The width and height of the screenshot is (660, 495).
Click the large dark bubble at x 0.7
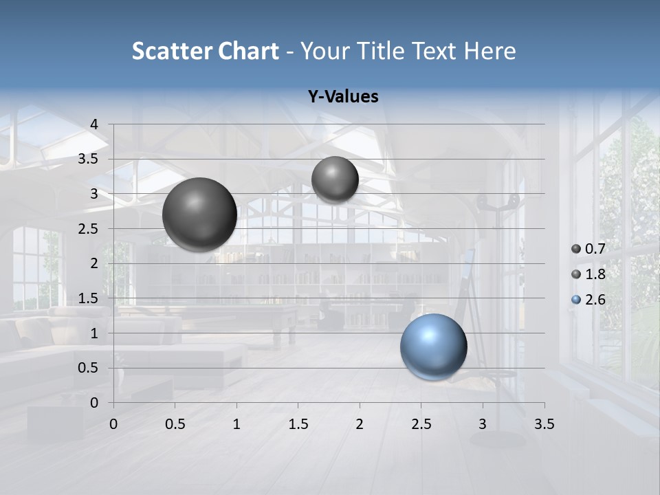click(x=199, y=214)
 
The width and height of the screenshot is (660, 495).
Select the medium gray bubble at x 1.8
click(x=335, y=179)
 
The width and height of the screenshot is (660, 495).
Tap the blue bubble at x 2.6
click(x=433, y=346)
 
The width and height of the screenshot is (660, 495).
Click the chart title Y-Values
click(x=343, y=97)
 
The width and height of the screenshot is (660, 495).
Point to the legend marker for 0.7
click(x=576, y=250)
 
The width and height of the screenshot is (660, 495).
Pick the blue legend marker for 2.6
click(x=576, y=300)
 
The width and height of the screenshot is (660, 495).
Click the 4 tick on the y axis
click(x=94, y=124)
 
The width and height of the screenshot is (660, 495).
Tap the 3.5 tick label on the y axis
click(x=88, y=159)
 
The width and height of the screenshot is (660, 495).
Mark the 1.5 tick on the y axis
click(x=88, y=298)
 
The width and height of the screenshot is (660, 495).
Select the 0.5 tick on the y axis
click(x=88, y=368)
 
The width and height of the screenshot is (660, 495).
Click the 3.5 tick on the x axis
click(x=544, y=424)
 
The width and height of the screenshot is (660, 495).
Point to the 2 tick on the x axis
click(x=360, y=424)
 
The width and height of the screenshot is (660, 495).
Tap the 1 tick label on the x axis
click(x=236, y=424)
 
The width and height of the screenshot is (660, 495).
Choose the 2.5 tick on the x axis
click(x=421, y=424)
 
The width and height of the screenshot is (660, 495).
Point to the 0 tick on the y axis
click(x=94, y=403)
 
